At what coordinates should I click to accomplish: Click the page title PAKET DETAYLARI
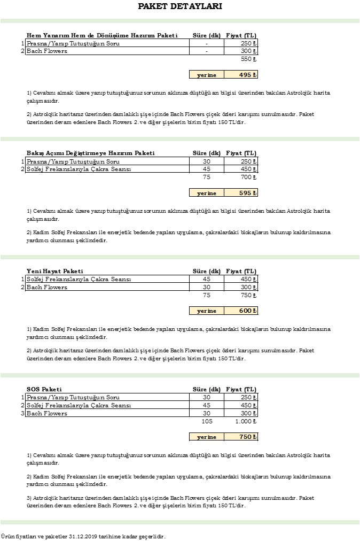pos(179,6)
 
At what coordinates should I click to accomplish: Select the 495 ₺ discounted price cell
pos(241,75)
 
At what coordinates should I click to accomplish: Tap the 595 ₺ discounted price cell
pos(241,193)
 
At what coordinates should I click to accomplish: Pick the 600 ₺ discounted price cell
pos(241,311)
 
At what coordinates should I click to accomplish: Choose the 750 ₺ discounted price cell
pos(241,437)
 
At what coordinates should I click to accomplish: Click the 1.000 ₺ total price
pos(246,421)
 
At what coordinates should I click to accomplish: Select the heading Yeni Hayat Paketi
pos(54,271)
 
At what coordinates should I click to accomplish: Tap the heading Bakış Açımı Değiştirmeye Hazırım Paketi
pos(90,153)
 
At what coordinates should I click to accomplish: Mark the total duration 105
pos(207,421)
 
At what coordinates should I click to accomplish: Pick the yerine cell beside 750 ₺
pos(207,437)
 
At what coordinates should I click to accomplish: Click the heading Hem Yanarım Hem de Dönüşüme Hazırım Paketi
pos(101,35)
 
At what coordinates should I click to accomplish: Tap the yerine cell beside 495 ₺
pos(207,75)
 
